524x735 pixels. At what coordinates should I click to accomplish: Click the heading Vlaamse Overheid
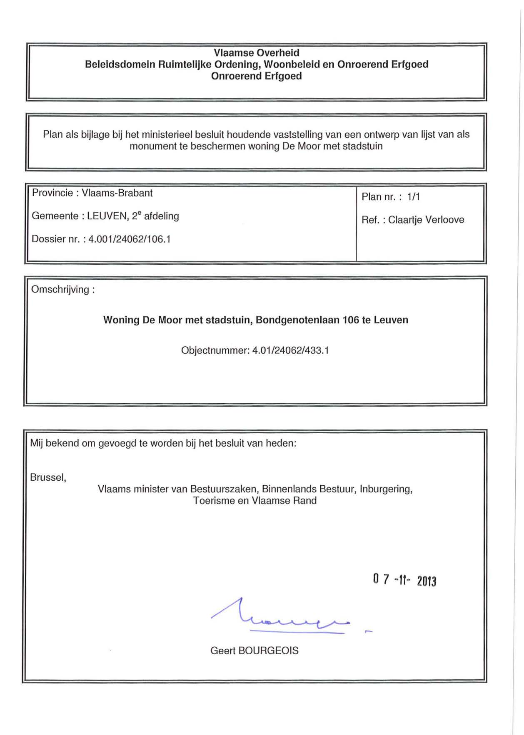[256, 53]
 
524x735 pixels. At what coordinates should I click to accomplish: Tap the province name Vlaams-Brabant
[117, 193]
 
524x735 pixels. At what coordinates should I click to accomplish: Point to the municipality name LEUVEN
[107, 216]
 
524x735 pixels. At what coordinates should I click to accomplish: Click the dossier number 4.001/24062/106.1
[130, 239]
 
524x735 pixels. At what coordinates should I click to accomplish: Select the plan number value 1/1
[413, 197]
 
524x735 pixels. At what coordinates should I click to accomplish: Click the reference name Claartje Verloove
[426, 220]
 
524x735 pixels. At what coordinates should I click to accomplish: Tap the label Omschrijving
[61, 290]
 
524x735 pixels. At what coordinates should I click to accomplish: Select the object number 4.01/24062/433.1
[290, 350]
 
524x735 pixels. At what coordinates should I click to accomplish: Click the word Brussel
[47, 477]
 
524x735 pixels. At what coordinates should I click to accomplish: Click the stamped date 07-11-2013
[404, 580]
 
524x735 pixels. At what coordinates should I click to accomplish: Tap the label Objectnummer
[215, 350]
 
